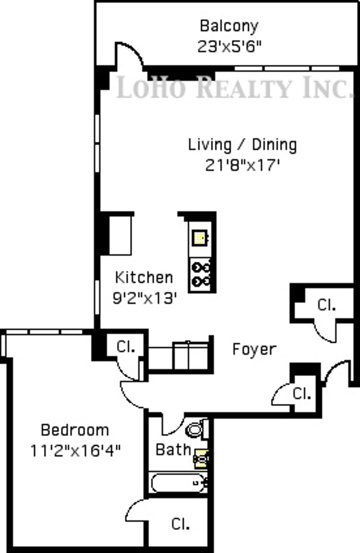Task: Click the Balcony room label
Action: (229, 26)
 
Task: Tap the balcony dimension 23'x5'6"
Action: (229, 46)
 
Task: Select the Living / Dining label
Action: (242, 145)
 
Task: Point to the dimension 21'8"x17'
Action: (242, 165)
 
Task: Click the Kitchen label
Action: (144, 277)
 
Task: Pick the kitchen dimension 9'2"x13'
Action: (145, 298)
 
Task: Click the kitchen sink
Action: (200, 237)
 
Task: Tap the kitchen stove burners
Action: (201, 275)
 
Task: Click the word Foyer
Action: (254, 349)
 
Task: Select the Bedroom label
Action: (75, 430)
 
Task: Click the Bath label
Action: (173, 449)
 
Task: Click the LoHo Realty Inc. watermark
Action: (235, 87)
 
